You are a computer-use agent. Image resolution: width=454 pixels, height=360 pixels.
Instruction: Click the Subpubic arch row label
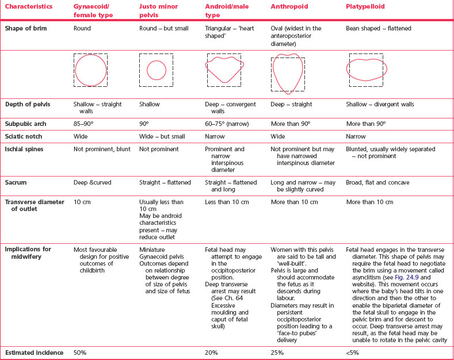pos(26,124)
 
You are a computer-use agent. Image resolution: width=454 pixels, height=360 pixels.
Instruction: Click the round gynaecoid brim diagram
pos(90,70)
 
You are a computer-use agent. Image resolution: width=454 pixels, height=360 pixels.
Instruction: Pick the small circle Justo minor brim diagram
pos(157,71)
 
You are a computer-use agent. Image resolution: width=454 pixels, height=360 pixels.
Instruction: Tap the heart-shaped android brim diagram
pos(225,70)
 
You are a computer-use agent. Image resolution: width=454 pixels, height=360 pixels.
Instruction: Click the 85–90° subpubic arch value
pos(85,124)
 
